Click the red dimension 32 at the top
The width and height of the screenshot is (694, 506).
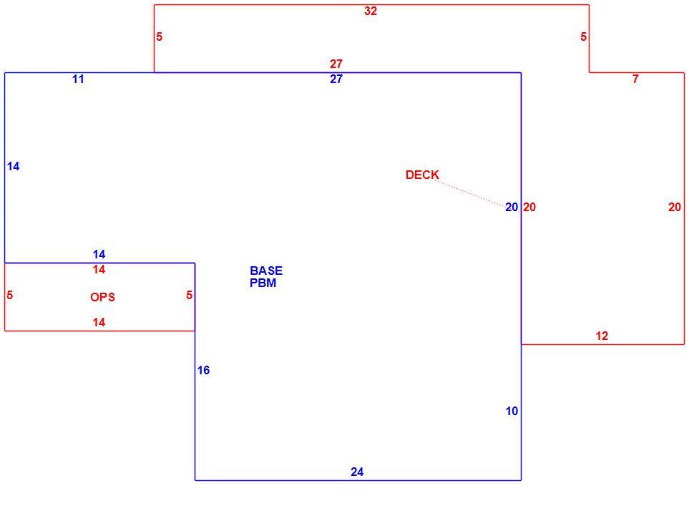pos(371,11)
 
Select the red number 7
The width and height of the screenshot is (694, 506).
pos(635,79)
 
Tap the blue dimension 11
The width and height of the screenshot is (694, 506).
pos(78,79)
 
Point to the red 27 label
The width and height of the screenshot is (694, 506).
pos(336,64)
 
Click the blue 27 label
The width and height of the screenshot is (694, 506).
pos(336,79)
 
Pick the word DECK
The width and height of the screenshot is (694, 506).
pos(422,175)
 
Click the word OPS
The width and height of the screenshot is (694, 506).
pos(103,297)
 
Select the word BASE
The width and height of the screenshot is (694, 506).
pos(266,271)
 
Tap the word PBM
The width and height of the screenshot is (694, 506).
pos(263,283)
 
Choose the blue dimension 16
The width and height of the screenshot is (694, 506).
pos(203,371)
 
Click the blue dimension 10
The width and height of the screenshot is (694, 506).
pos(512,412)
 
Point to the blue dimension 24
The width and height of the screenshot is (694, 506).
pos(357,472)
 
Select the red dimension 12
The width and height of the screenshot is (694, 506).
pos(602,336)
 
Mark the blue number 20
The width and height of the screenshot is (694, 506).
pos(512,207)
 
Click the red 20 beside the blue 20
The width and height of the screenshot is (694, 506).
pos(529,207)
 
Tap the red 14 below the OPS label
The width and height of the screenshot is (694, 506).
pos(99,323)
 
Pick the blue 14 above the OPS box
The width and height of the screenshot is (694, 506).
pos(99,255)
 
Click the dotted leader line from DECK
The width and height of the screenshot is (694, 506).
pos(470,193)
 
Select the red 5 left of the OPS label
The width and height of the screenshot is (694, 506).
pos(10,296)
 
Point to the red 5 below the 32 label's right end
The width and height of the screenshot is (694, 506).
pos(583,37)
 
